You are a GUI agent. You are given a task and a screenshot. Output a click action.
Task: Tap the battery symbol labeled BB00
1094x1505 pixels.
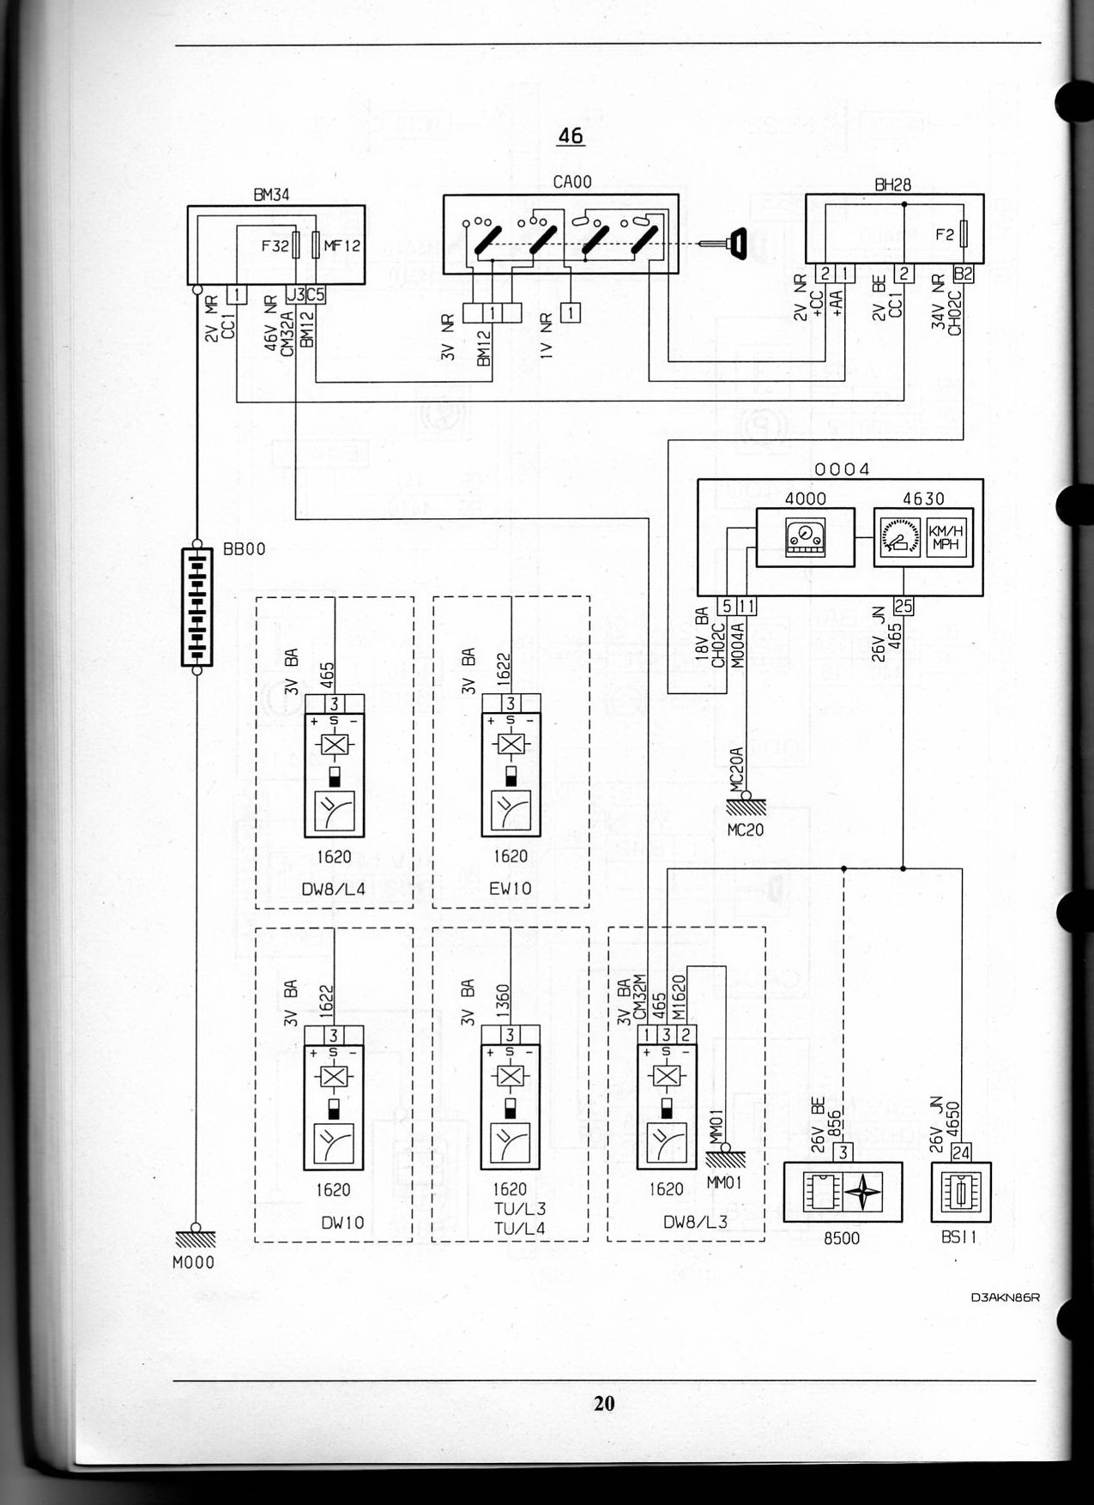tap(196, 607)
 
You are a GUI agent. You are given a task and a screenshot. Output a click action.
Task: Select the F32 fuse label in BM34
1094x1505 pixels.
tap(275, 245)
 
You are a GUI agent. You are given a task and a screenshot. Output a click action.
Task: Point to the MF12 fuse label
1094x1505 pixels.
tap(341, 245)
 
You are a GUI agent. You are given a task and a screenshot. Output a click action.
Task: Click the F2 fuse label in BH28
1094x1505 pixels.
tap(944, 233)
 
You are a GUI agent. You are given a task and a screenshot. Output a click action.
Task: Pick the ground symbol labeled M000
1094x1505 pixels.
tap(195, 1238)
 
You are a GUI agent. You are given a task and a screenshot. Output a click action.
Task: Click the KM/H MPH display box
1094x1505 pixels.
tap(946, 538)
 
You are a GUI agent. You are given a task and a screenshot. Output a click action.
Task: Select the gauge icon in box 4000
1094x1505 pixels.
tap(805, 538)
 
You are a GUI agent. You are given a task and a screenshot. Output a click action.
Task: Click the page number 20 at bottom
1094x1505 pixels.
tap(604, 1403)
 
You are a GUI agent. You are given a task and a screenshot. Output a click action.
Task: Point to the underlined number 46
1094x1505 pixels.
tap(570, 136)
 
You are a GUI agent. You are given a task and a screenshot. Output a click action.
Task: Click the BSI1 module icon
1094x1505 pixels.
tap(961, 1193)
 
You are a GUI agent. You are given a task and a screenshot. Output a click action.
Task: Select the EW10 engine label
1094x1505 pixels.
tap(510, 889)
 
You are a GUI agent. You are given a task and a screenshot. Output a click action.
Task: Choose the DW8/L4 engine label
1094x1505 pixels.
tap(333, 889)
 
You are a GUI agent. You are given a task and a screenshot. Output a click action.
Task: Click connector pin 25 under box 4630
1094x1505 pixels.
tap(904, 607)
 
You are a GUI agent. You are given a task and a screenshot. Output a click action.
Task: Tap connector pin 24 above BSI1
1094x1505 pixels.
tap(961, 1152)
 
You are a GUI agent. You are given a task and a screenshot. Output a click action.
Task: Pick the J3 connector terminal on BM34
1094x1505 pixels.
tap(295, 294)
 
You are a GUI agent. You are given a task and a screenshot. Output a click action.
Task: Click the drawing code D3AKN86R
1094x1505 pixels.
tap(1005, 1296)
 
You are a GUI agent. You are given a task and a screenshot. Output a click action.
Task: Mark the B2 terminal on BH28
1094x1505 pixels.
tap(964, 274)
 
